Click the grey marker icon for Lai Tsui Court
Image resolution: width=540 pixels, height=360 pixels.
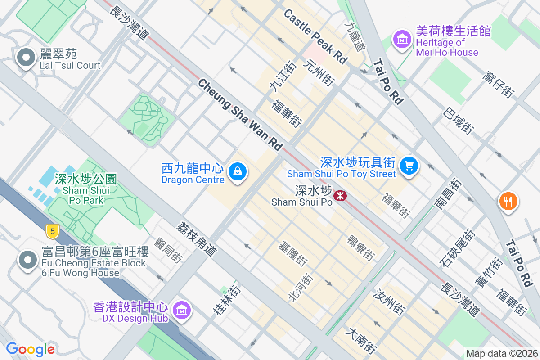point(26,58)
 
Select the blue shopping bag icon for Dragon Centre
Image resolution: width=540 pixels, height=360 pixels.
point(237,171)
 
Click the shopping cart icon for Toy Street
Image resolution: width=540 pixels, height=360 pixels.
point(409,166)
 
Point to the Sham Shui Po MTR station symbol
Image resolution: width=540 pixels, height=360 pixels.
point(340,196)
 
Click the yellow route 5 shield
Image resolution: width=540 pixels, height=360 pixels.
point(53,232)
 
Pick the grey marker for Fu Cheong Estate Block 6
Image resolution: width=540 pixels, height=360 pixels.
point(28,260)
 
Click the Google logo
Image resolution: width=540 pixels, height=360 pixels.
point(30,349)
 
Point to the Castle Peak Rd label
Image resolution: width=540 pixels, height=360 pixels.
point(316,36)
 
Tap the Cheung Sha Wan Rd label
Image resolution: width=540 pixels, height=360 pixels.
point(240,114)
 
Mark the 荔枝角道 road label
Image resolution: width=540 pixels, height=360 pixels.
point(197,238)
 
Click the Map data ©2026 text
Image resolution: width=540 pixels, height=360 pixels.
point(502,353)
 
